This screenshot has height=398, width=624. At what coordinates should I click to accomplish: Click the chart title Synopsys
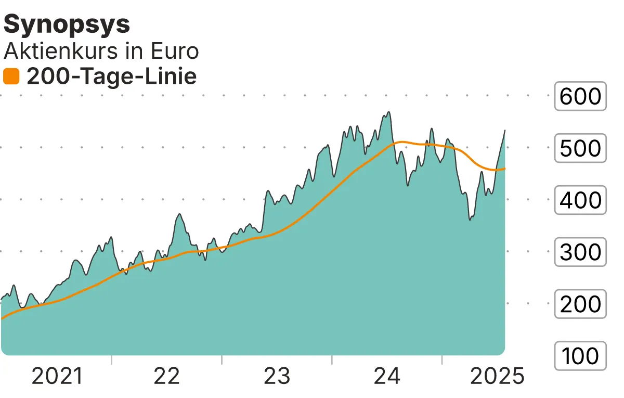[x=67, y=25]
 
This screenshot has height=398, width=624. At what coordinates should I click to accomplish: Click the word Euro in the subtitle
[x=174, y=52]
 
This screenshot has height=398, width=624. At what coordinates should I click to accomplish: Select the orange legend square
[x=11, y=77]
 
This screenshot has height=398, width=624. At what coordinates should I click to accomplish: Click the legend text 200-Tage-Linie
[x=111, y=77]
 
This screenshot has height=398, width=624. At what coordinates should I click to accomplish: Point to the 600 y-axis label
[x=580, y=96]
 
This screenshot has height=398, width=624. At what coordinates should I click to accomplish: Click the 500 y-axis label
[x=580, y=148]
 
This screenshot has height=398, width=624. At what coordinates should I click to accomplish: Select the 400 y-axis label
[x=580, y=200]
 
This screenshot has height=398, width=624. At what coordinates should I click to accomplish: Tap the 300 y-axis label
[x=580, y=252]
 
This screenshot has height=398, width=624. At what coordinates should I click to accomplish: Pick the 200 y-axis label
[x=580, y=304]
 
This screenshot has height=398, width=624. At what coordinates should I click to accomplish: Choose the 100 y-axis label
[x=580, y=356]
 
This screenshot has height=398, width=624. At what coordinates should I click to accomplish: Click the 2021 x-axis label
[x=57, y=376]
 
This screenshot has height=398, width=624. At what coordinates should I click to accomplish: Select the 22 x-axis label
[x=167, y=376]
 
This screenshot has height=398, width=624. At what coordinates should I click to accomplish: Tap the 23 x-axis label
[x=277, y=376]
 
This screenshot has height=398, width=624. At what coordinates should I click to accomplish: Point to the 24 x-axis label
[x=387, y=376]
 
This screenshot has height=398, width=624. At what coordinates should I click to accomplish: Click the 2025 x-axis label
[x=497, y=376]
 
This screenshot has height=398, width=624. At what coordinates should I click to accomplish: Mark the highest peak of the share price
[x=388, y=112]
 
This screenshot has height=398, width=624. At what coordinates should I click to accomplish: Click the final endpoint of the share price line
[x=505, y=131]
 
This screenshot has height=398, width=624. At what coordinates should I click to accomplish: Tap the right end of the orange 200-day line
[x=505, y=168]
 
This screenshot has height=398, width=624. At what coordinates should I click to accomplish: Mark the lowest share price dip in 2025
[x=470, y=220]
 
